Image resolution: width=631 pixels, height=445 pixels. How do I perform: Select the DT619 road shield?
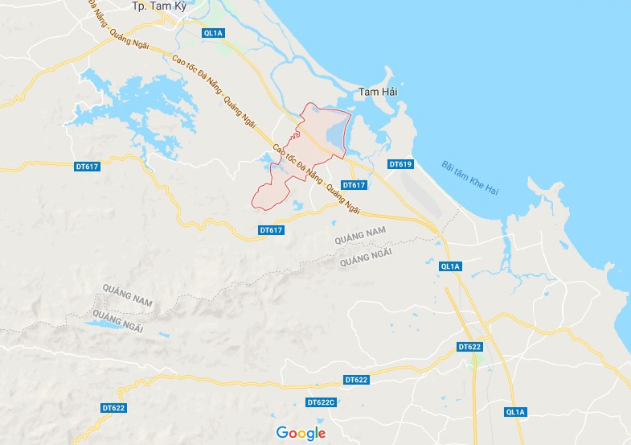click(x=400, y=164)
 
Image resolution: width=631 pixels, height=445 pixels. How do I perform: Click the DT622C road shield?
click(x=321, y=402)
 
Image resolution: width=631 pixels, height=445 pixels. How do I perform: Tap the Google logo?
click(x=301, y=433)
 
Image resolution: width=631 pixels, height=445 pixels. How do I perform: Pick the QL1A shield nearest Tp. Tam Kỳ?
click(x=213, y=33)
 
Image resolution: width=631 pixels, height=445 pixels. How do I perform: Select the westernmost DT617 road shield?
click(x=86, y=167)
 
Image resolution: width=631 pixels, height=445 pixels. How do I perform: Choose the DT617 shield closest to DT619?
click(x=354, y=185)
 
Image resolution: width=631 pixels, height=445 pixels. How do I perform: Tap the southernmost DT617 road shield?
click(x=272, y=230)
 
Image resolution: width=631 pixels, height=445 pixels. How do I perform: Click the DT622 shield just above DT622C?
click(x=355, y=379)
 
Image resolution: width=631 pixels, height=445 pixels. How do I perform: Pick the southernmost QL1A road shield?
click(x=515, y=412)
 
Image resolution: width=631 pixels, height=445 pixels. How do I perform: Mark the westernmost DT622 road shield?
click(x=115, y=408)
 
